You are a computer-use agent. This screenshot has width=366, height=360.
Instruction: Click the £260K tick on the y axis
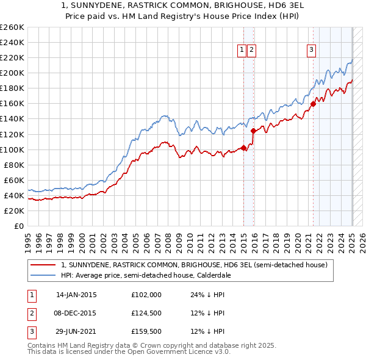click(12, 27)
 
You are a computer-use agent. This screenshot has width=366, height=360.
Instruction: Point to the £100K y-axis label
click(12, 149)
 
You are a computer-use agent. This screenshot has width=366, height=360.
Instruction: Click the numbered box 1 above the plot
click(242, 50)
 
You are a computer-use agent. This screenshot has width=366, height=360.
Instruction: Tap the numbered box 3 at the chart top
click(311, 50)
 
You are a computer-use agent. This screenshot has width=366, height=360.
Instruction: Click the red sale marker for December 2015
click(253, 131)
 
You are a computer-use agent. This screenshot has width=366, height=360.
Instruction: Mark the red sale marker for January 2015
click(243, 148)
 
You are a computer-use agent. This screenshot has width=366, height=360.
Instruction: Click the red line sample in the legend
click(43, 265)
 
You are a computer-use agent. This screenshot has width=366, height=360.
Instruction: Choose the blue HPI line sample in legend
click(43, 275)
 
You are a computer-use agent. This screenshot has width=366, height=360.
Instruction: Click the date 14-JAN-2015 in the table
click(76, 294)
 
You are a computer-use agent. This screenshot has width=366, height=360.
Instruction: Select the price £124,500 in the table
click(146, 313)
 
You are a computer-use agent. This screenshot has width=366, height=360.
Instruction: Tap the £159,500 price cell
click(146, 332)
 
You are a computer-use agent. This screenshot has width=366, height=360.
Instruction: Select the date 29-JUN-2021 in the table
click(76, 332)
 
